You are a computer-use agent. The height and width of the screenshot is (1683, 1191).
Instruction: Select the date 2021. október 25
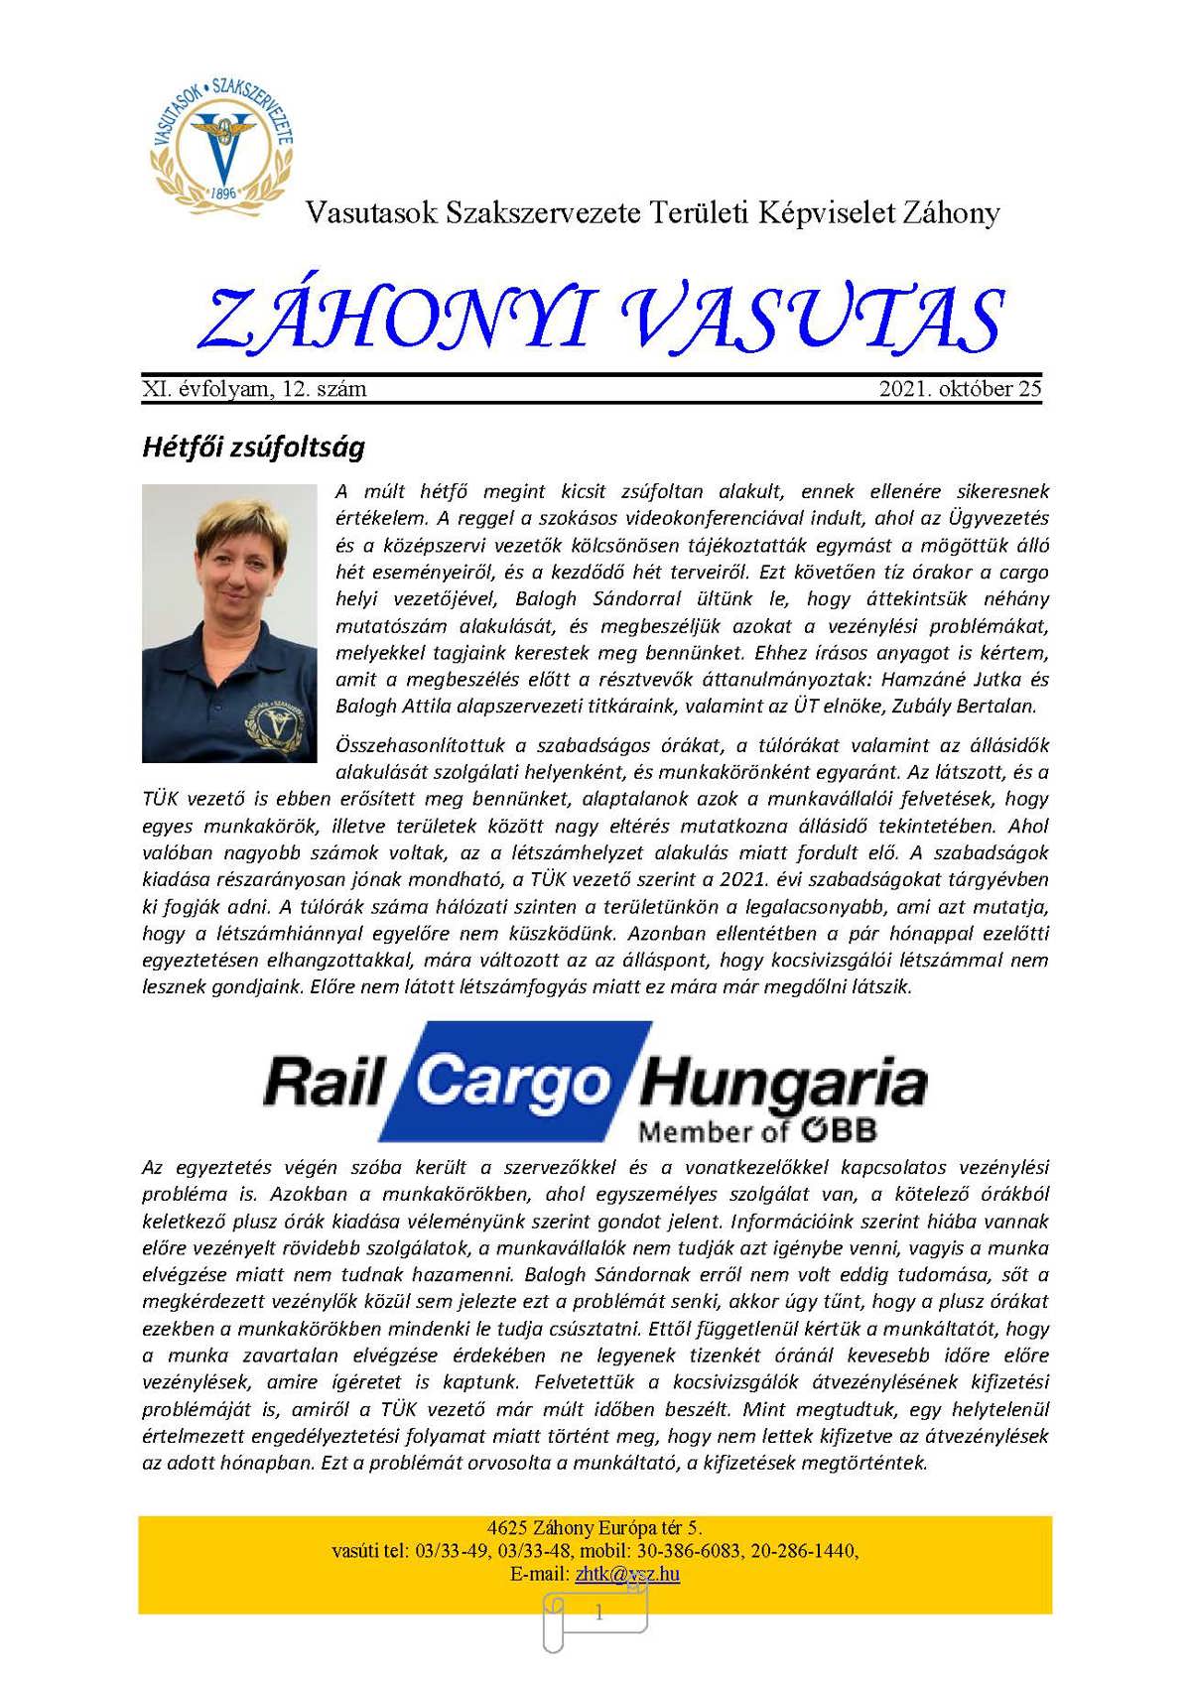click(x=960, y=389)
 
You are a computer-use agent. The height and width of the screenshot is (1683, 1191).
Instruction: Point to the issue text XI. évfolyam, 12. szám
click(x=254, y=389)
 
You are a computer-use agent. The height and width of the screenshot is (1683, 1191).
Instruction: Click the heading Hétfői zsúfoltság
click(x=253, y=447)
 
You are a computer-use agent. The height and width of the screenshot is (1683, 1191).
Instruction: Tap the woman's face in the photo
click(x=230, y=563)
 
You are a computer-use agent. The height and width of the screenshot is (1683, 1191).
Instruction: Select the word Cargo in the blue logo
click(x=511, y=1082)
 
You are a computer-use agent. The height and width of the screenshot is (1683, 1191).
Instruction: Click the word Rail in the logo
click(x=324, y=1082)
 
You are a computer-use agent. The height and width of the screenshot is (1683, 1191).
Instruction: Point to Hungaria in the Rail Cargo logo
click(x=784, y=1084)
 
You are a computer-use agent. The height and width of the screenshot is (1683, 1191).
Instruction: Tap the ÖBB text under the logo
click(x=839, y=1130)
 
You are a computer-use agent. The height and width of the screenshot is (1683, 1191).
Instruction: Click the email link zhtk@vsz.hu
click(x=627, y=1574)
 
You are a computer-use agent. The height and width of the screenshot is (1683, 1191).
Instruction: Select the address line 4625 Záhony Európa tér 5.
click(x=595, y=1528)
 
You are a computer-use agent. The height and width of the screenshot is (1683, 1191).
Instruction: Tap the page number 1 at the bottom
click(x=598, y=1614)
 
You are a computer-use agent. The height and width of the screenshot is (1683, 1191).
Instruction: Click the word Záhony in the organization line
click(x=951, y=212)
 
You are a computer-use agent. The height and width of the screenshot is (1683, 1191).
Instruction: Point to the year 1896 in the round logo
click(x=224, y=193)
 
